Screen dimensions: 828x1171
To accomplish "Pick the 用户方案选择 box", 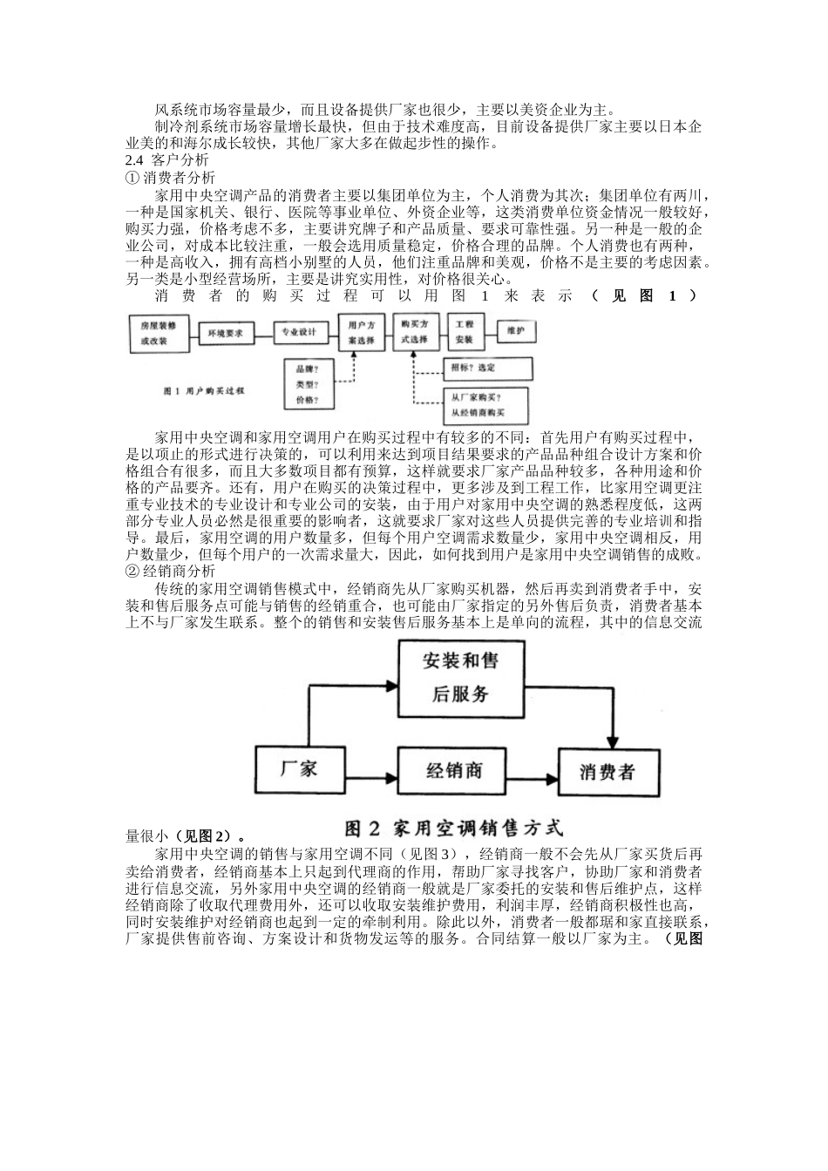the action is tap(361, 333).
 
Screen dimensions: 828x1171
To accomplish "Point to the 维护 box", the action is tap(514, 332).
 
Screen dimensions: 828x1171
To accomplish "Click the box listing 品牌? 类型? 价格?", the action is tap(306, 384).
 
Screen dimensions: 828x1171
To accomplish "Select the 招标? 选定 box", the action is tap(487, 369).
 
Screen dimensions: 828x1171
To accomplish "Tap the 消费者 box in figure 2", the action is tap(607, 771).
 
